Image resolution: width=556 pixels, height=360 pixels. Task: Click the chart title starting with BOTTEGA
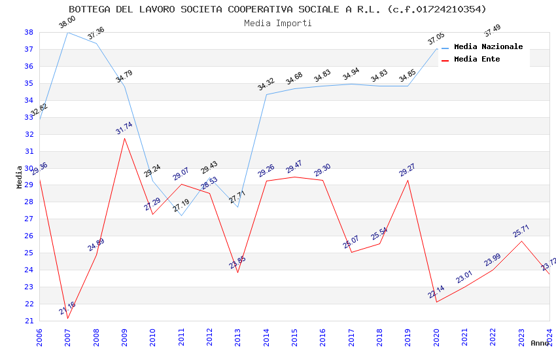[277, 9]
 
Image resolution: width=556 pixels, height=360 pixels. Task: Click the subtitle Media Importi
[277, 23]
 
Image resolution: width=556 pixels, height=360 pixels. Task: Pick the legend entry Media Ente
[477, 59]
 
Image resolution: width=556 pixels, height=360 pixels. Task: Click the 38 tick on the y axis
[29, 32]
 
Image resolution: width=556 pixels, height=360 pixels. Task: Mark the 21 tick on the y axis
[29, 321]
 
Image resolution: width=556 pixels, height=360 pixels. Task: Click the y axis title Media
[19, 177]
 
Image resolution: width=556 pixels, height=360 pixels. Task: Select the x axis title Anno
[540, 343]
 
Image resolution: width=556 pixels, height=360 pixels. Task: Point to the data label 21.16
[67, 308]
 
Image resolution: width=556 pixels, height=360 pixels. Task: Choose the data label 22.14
[436, 292]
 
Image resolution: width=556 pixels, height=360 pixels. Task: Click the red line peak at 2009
[124, 138]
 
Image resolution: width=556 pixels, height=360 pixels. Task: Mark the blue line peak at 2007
[67, 32]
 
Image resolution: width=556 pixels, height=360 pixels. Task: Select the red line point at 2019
[408, 180]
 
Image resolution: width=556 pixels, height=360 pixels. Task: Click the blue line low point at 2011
[181, 215]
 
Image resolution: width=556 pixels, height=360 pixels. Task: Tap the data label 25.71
[521, 231]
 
